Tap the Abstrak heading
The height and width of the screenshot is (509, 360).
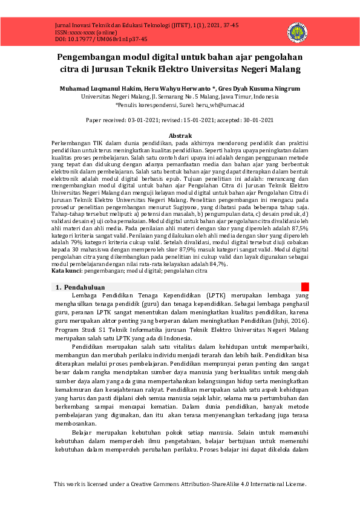point(180,135)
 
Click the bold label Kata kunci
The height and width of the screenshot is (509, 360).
point(63,271)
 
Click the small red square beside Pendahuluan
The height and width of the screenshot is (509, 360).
point(306,287)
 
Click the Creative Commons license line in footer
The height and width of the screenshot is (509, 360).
point(180,484)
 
